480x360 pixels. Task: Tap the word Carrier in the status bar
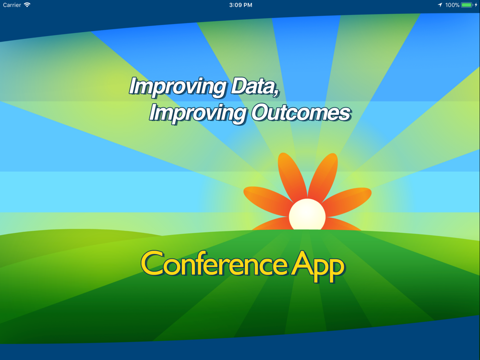pyautogui.click(x=12, y=5)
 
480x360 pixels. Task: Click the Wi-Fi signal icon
pyautogui.click(x=27, y=5)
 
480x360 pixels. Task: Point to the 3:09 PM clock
pyautogui.click(x=240, y=5)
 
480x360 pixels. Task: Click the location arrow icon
pyautogui.click(x=440, y=5)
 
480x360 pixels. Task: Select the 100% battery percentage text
pyautogui.click(x=452, y=5)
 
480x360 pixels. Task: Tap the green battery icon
pyautogui.click(x=467, y=5)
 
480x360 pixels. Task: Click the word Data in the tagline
pyautogui.click(x=255, y=86)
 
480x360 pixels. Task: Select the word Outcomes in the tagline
pyautogui.click(x=301, y=113)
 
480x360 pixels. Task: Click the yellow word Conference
pyautogui.click(x=214, y=263)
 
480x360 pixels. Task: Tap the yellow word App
pyautogui.click(x=318, y=266)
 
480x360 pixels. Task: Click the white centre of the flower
pyautogui.click(x=307, y=215)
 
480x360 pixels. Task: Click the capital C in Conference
pyautogui.click(x=152, y=263)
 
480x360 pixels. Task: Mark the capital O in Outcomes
pyautogui.click(x=261, y=113)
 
